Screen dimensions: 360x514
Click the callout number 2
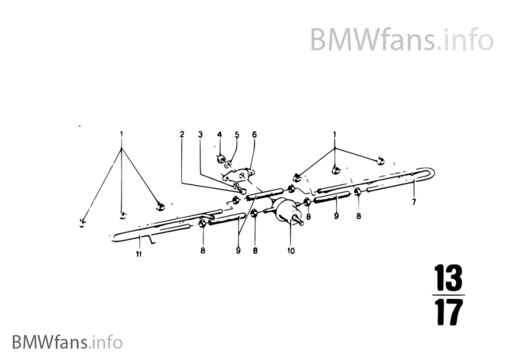tap(182, 135)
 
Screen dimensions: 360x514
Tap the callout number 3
tap(200, 135)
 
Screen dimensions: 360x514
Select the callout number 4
tap(218, 134)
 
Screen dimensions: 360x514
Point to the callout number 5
tap(236, 135)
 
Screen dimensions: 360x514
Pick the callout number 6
tap(254, 135)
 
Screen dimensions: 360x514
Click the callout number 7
tap(414, 202)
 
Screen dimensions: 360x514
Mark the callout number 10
tap(291, 251)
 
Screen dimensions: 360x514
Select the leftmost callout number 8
tap(202, 251)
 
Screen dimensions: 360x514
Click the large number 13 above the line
tap(447, 279)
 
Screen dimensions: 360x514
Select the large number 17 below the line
tap(447, 313)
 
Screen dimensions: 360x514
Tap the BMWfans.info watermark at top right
tap(402, 40)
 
